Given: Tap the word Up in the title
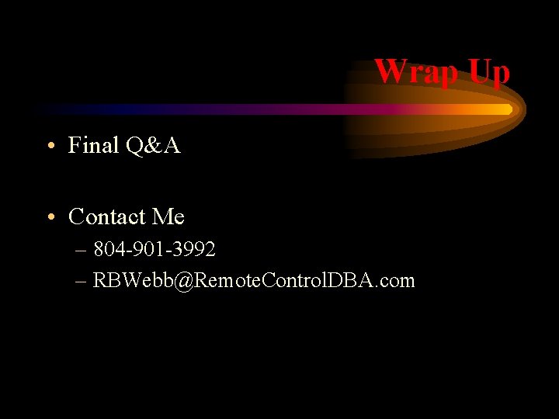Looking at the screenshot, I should click(x=488, y=71).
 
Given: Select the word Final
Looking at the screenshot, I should click(x=93, y=145).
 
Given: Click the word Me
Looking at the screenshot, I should click(x=168, y=216).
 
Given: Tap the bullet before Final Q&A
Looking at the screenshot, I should click(x=50, y=146).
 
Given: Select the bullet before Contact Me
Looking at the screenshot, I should click(x=50, y=217).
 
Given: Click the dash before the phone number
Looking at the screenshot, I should click(x=82, y=251).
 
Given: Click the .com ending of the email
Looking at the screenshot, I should click(x=397, y=280).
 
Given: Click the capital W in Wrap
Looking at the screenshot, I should click(x=388, y=71).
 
